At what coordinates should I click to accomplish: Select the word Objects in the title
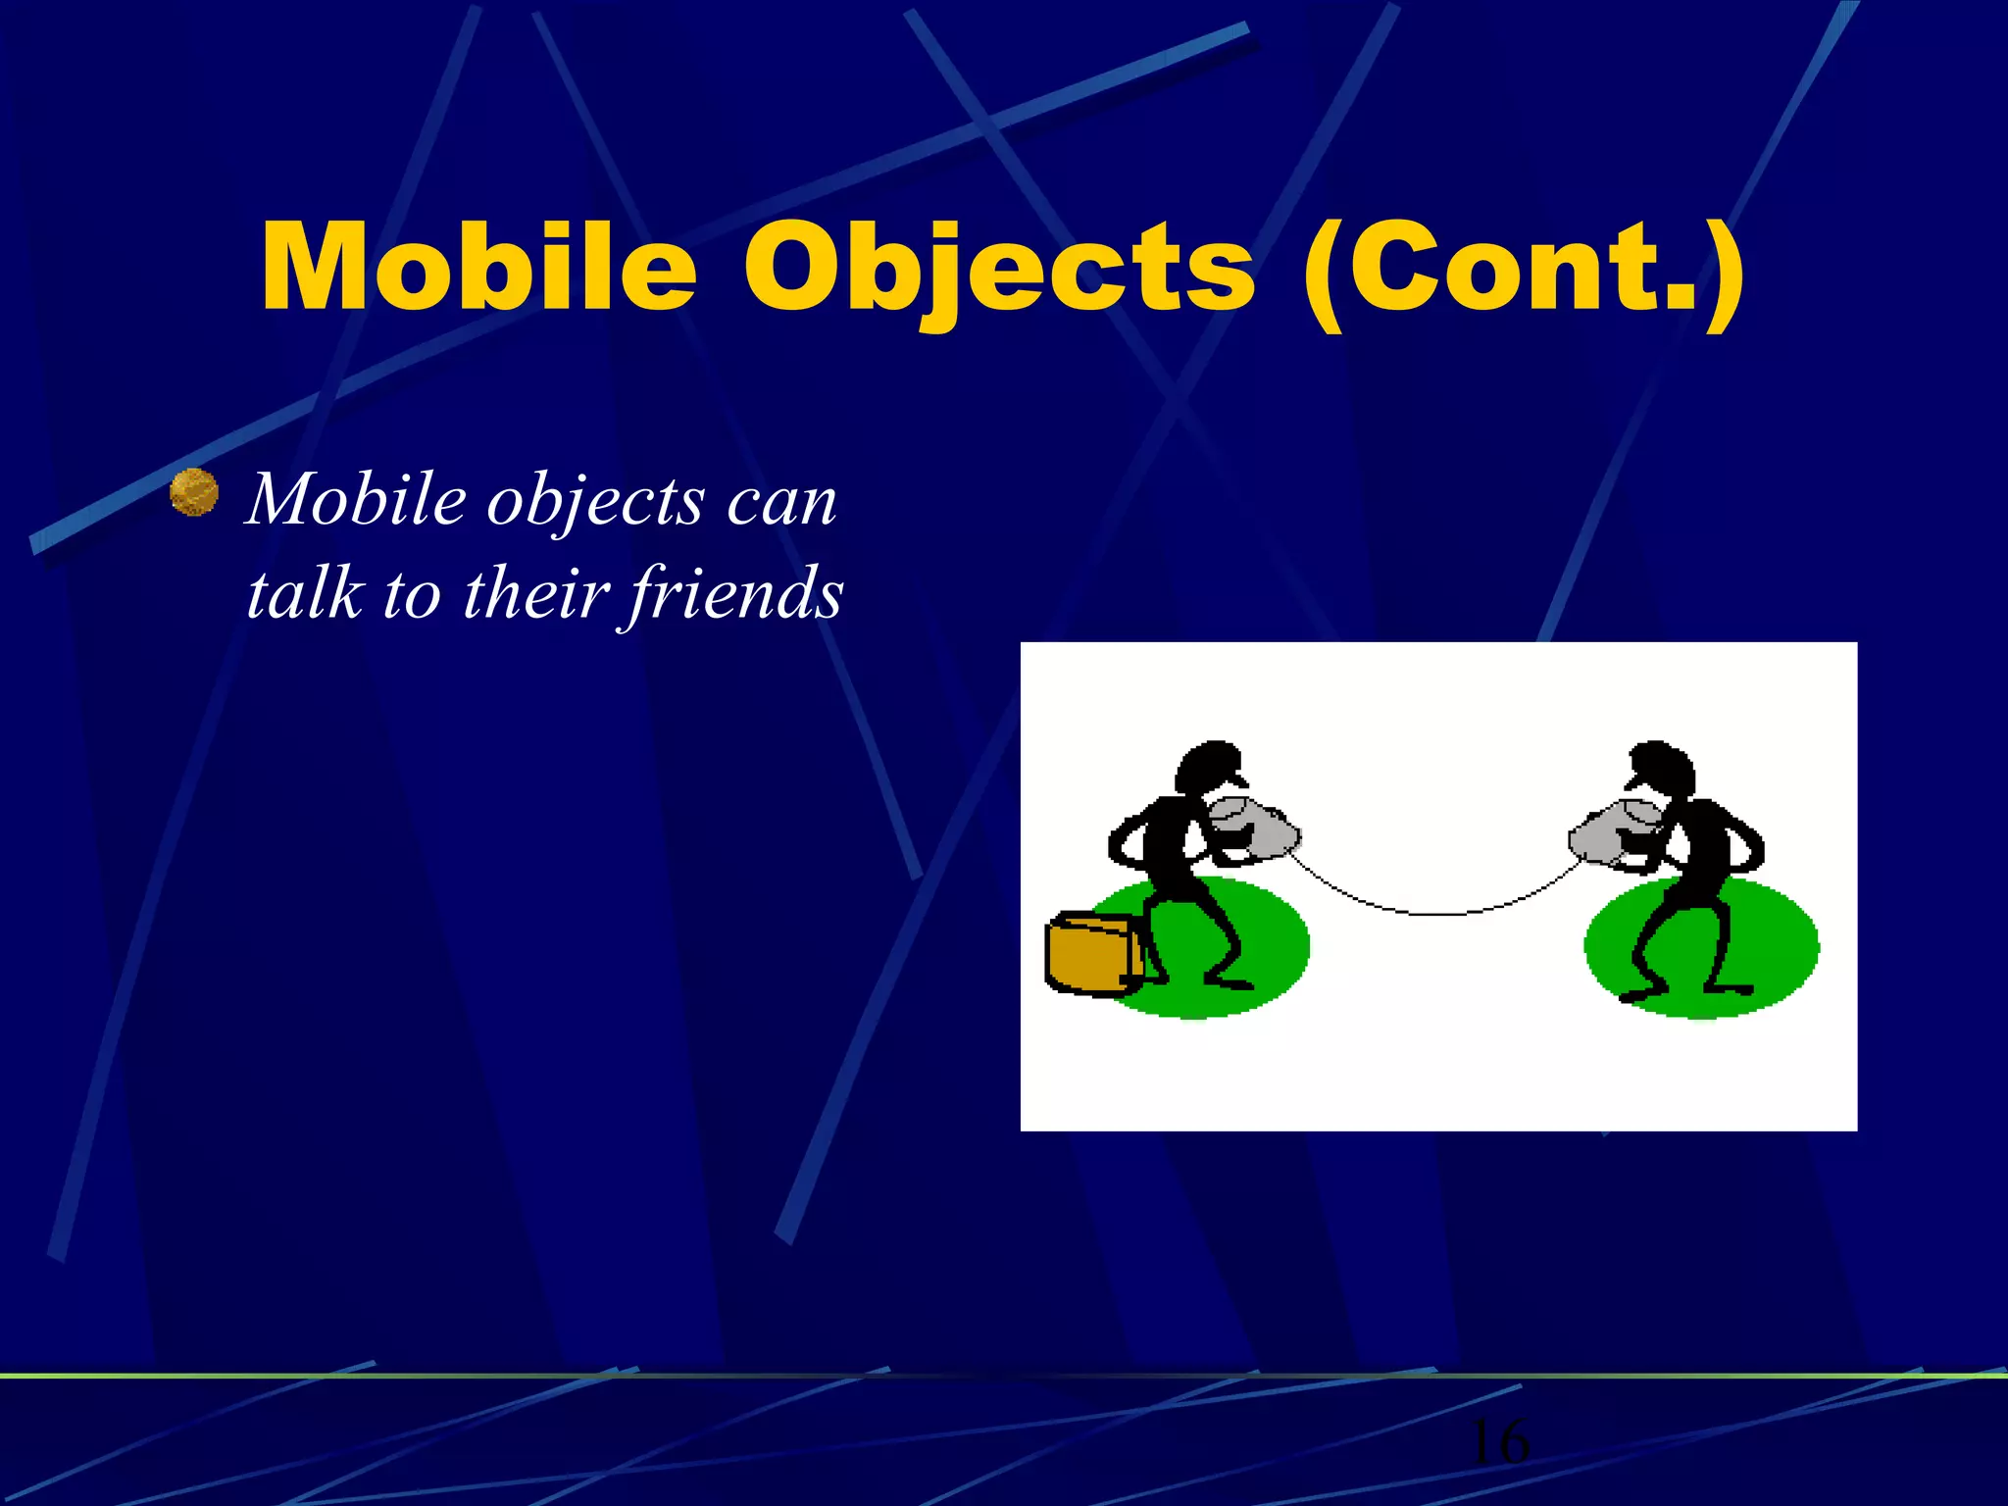[x=999, y=268]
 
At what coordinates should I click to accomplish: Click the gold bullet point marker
[x=194, y=492]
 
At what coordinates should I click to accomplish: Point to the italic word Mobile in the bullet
[x=356, y=500]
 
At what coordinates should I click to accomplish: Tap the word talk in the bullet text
[x=303, y=593]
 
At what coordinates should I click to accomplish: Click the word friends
[x=734, y=593]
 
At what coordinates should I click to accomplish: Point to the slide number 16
[x=1498, y=1442]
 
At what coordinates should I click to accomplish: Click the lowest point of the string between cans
[x=1437, y=914]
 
